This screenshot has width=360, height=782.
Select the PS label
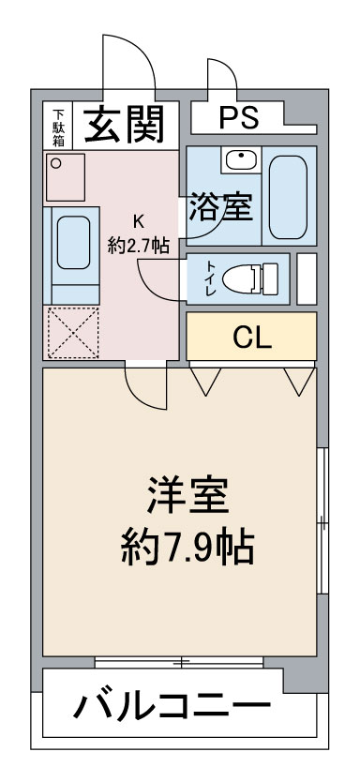239,119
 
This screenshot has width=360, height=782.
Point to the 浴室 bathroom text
221,207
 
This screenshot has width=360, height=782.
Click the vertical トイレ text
211,278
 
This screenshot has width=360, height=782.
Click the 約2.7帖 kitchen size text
139,246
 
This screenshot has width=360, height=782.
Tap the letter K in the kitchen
138,222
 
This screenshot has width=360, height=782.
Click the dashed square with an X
71,332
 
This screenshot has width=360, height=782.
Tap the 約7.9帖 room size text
187,547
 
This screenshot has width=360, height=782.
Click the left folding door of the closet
206,379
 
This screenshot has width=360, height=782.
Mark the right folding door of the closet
299,379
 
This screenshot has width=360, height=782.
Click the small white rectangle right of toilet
307,278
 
